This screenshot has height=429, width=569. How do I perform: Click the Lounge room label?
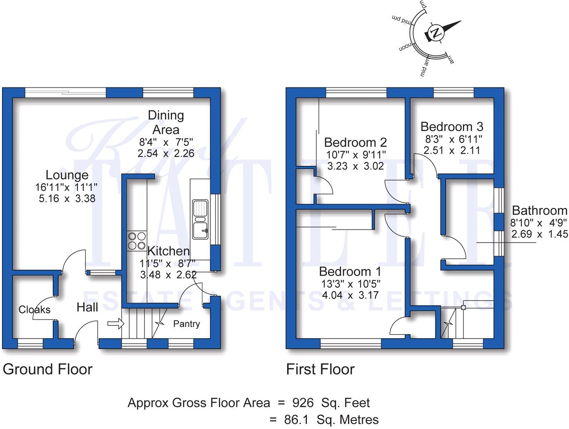tap(67, 175)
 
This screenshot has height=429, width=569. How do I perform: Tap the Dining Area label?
tap(166, 122)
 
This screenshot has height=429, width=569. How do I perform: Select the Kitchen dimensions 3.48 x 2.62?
tap(168, 274)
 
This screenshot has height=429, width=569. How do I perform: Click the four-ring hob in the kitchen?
tap(137, 241)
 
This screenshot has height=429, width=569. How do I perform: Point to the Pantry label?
tap(186, 324)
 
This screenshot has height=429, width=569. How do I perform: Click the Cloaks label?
tap(34, 310)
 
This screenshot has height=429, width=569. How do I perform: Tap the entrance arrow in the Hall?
tap(116, 323)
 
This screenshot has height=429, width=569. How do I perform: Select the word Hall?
tap(87, 307)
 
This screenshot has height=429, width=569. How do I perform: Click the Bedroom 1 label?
tap(350, 272)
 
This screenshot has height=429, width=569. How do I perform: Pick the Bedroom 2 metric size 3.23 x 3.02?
tap(356, 166)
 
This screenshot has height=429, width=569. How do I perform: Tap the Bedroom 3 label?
tap(452, 127)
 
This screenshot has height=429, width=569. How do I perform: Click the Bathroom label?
tap(539, 211)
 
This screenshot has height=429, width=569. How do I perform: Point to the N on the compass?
tap(436, 32)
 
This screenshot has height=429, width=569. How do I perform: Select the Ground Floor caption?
tap(47, 369)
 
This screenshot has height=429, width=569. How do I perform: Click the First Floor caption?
tap(320, 369)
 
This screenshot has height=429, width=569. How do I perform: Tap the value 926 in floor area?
tap(303, 403)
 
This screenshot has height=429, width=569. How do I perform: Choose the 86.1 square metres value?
tap(296, 420)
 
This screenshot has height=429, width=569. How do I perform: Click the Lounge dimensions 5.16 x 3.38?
tap(67, 198)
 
